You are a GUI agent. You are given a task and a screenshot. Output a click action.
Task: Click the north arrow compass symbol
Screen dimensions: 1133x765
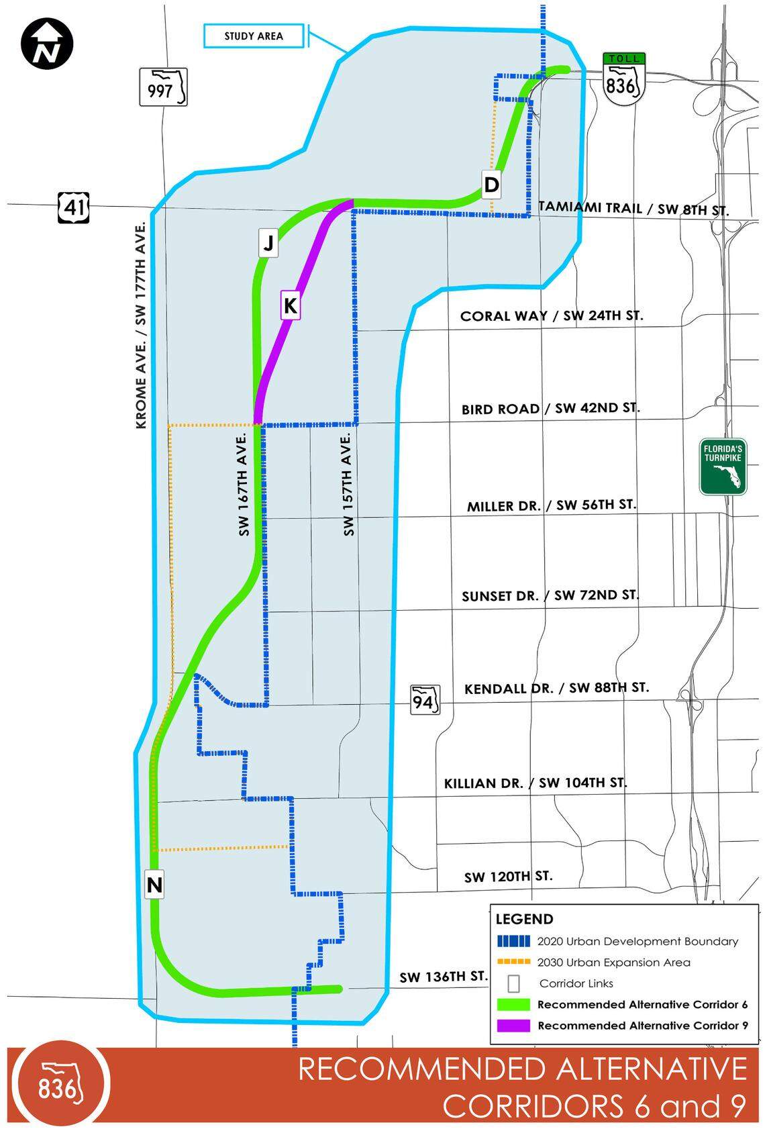47,44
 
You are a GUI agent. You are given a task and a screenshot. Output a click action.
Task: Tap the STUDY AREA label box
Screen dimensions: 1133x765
254,36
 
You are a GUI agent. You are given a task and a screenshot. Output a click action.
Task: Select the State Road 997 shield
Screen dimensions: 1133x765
163,87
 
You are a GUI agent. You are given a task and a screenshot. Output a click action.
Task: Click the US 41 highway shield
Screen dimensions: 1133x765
73,207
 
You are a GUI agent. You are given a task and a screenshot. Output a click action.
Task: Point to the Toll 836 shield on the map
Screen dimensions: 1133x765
623,79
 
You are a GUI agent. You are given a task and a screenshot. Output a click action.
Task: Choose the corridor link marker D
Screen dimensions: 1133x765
491,184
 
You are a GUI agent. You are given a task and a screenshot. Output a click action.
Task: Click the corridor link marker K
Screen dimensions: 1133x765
290,306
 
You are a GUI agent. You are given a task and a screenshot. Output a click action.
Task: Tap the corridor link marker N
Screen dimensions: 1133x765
154,885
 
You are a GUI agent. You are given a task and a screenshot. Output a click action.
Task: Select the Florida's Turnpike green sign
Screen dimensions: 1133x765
723,467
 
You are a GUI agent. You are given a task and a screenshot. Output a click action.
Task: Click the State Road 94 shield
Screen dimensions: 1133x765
425,700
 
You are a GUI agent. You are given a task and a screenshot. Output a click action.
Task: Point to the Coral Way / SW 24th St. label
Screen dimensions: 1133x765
551,315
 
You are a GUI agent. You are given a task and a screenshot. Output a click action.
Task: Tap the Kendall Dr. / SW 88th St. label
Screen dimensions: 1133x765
556,688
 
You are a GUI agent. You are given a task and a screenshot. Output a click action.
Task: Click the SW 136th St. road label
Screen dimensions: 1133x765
443,977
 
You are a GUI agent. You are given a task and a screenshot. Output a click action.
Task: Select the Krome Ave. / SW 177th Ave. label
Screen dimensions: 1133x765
141,326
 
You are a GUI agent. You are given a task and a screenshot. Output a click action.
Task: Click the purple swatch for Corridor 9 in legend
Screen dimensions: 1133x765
513,1026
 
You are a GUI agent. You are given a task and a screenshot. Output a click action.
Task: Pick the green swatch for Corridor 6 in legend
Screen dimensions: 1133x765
513,1005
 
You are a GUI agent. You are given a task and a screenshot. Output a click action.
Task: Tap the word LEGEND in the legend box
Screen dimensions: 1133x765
524,919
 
